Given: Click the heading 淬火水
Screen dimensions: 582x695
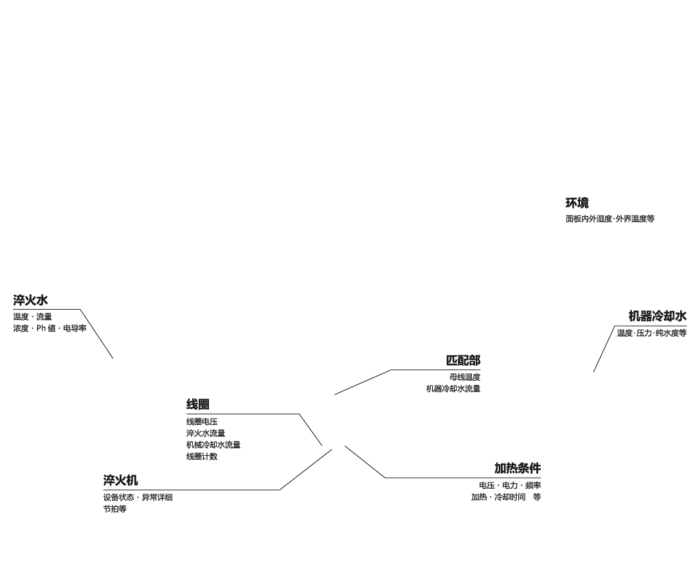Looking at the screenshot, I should click(30, 301).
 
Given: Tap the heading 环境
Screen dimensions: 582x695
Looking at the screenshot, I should click(577, 203).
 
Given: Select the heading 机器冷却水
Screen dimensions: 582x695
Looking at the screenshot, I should click(657, 316).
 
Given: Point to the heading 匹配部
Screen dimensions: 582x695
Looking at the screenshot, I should click(463, 361).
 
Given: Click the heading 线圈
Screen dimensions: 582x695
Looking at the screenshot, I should click(197, 404).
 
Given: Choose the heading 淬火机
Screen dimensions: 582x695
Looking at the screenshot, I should click(120, 480).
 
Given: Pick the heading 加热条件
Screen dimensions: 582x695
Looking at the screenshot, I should click(517, 468).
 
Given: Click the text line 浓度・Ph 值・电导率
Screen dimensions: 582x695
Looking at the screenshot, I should click(50, 328).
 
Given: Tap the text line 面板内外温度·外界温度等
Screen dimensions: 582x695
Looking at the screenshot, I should click(609, 219).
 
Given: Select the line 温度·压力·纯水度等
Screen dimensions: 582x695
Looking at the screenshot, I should click(651, 333).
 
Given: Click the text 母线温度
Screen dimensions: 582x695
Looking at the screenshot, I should click(465, 377).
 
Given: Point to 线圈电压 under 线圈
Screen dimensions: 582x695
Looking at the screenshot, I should click(202, 422).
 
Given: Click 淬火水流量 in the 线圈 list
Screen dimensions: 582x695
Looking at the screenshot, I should click(206, 433).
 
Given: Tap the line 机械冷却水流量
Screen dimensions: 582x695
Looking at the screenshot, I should click(213, 445).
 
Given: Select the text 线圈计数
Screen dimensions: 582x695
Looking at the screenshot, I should click(202, 456).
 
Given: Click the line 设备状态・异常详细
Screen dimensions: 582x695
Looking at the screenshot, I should click(138, 497).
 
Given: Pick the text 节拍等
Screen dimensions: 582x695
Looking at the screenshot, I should click(114, 509).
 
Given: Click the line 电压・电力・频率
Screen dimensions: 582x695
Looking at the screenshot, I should click(509, 485).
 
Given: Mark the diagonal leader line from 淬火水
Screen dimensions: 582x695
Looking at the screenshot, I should click(96, 333).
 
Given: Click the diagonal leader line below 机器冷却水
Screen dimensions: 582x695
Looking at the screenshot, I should click(604, 350).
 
